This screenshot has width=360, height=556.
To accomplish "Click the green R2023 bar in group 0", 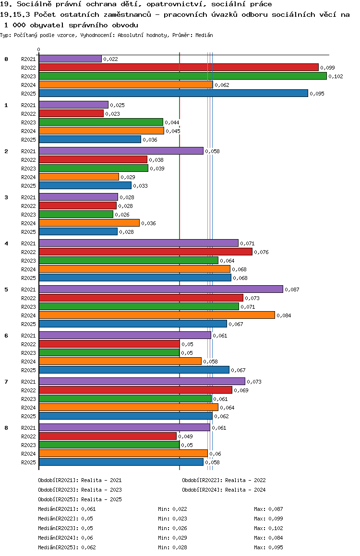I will pyautogui.click(x=182, y=76).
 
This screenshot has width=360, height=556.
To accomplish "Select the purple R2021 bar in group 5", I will pyautogui.click(x=161, y=289).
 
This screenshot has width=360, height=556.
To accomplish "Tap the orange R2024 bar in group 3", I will pyautogui.click(x=89, y=223).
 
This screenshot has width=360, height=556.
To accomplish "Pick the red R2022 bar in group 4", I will pyautogui.click(x=145, y=252).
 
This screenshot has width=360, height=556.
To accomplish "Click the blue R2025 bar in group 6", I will pyautogui.click(x=134, y=370).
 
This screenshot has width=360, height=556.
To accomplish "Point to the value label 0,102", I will pyautogui.click(x=336, y=76).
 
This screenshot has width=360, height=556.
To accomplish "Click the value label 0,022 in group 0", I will pyautogui.click(x=110, y=59).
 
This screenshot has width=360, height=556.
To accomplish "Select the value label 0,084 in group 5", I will pyautogui.click(x=284, y=315).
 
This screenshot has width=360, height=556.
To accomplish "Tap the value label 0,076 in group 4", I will pyautogui.click(x=261, y=252).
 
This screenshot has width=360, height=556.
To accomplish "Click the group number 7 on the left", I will pyautogui.click(x=6, y=381).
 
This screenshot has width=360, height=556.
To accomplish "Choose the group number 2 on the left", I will pyautogui.click(x=6, y=151).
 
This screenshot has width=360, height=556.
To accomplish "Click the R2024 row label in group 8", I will pyautogui.click(x=28, y=454).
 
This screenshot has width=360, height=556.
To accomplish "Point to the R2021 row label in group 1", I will pyautogui.click(x=28, y=105).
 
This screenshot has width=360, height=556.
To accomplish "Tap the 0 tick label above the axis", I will pyautogui.click(x=39, y=49).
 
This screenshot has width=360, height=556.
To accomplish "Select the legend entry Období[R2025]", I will pyautogui.click(x=58, y=499).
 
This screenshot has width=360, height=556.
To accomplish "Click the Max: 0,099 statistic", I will pyautogui.click(x=268, y=519).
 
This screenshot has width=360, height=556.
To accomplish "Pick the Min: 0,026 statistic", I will pyautogui.click(x=172, y=528).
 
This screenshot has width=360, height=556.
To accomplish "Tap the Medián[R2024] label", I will pyautogui.click(x=58, y=538).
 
